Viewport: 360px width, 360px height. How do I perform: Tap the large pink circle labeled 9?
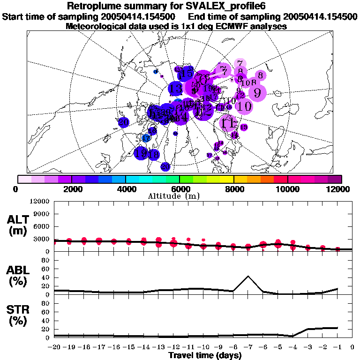click(257, 92)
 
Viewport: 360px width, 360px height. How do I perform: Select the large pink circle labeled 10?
click(244, 106)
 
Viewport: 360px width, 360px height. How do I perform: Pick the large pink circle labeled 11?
click(228, 123)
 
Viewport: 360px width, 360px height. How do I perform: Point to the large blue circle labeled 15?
click(186, 73)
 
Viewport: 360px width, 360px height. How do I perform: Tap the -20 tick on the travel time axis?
click(55, 348)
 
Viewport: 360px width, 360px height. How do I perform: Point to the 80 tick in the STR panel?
click(46, 303)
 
